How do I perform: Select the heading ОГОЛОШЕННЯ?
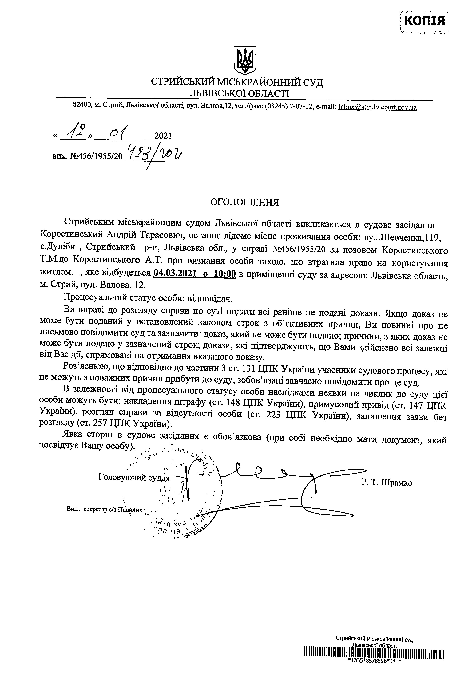click(245, 203)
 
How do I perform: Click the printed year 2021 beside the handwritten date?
click(163, 136)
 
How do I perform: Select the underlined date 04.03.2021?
click(175, 273)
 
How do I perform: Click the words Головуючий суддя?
click(134, 478)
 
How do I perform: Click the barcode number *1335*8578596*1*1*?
click(374, 668)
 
